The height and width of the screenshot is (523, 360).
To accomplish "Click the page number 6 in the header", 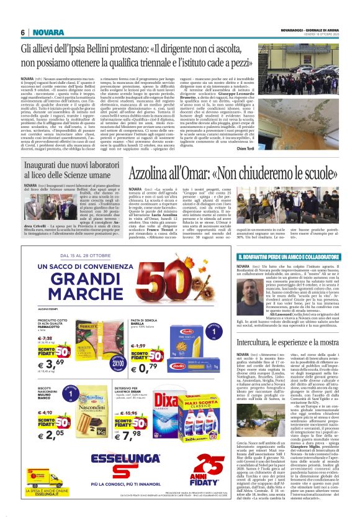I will tap(22, 32).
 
